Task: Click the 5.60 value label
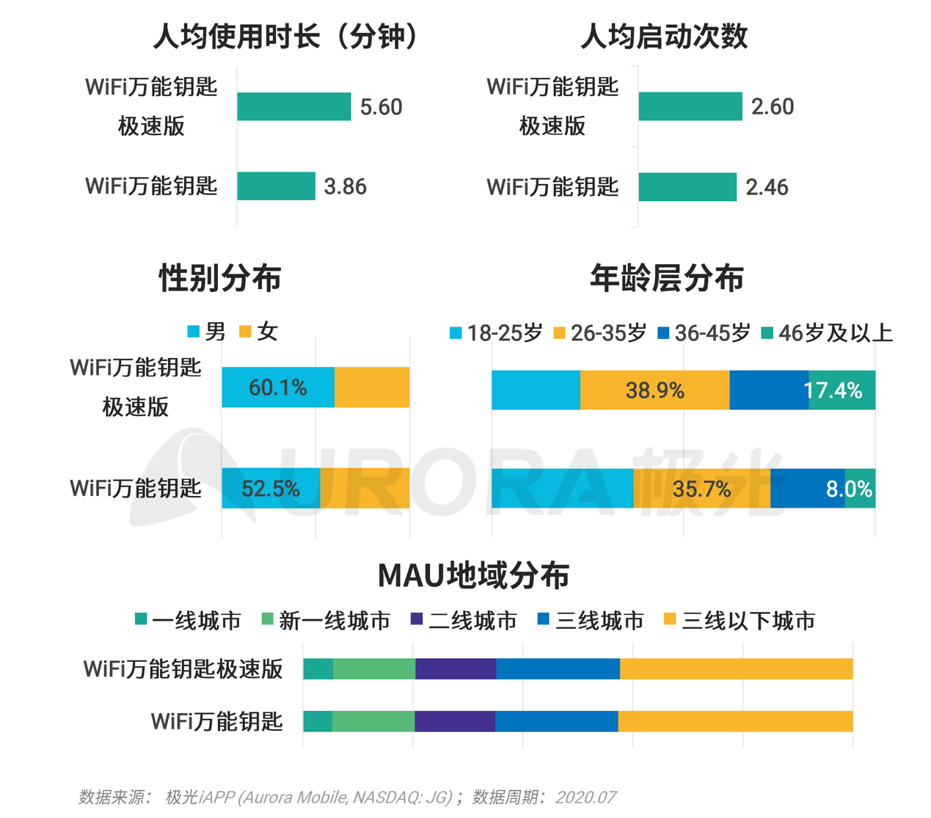point(381,107)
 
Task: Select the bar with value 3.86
point(276,186)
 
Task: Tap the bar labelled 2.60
point(690,106)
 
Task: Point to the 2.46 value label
point(767,187)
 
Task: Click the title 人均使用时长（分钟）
point(286,36)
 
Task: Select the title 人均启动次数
point(664,36)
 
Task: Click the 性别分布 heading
point(220,279)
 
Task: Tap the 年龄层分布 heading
point(666,279)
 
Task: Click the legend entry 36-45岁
point(704,333)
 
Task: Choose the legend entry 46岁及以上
point(827,333)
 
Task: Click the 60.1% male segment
point(278,387)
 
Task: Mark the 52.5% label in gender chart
point(271,489)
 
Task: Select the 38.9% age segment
point(654,390)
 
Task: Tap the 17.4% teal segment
point(841,390)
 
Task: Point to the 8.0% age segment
point(860,489)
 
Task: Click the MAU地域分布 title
point(473,576)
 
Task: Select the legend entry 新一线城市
point(326,621)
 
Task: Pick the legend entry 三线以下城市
point(740,621)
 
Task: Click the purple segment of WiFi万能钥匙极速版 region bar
point(456,669)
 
